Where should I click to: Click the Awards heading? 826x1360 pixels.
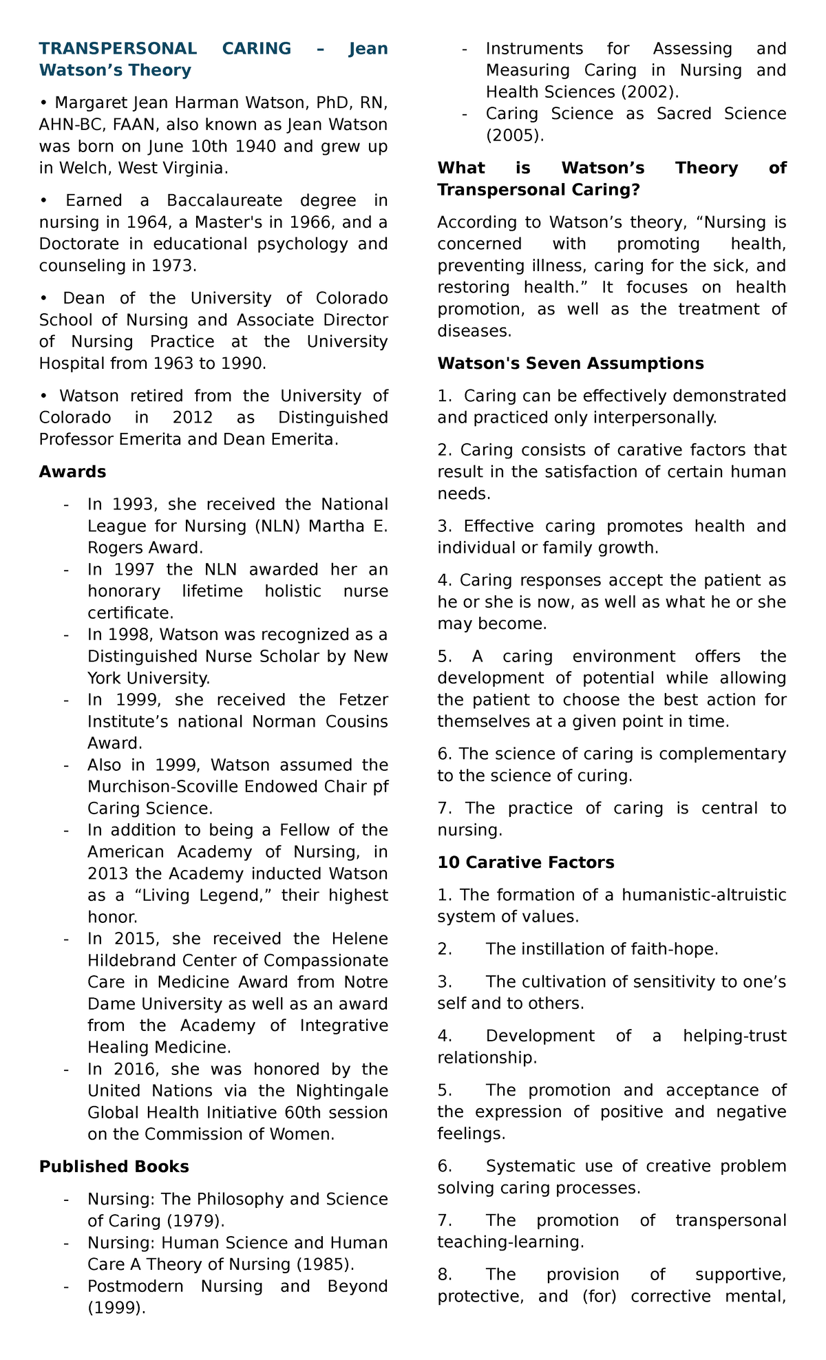(x=73, y=471)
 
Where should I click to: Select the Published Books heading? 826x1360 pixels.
(x=114, y=1167)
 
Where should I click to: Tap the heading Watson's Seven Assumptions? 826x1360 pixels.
(x=570, y=363)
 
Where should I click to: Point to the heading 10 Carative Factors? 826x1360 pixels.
(x=526, y=862)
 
